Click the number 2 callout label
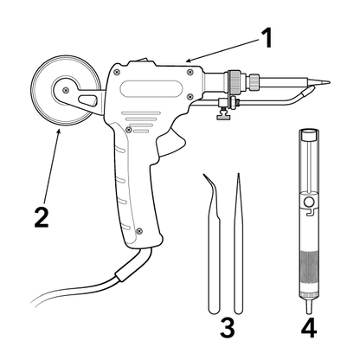[42, 218]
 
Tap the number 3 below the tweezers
[228, 327]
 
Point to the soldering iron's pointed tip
[330, 82]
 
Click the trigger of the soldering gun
[171, 143]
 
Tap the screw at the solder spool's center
[66, 90]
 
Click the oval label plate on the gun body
[151, 89]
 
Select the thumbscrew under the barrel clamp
[224, 114]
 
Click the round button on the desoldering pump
[309, 202]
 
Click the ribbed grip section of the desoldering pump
[309, 272]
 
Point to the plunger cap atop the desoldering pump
[308, 135]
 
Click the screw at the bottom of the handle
[139, 231]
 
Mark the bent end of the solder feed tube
[306, 92]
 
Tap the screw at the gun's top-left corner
[117, 72]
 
